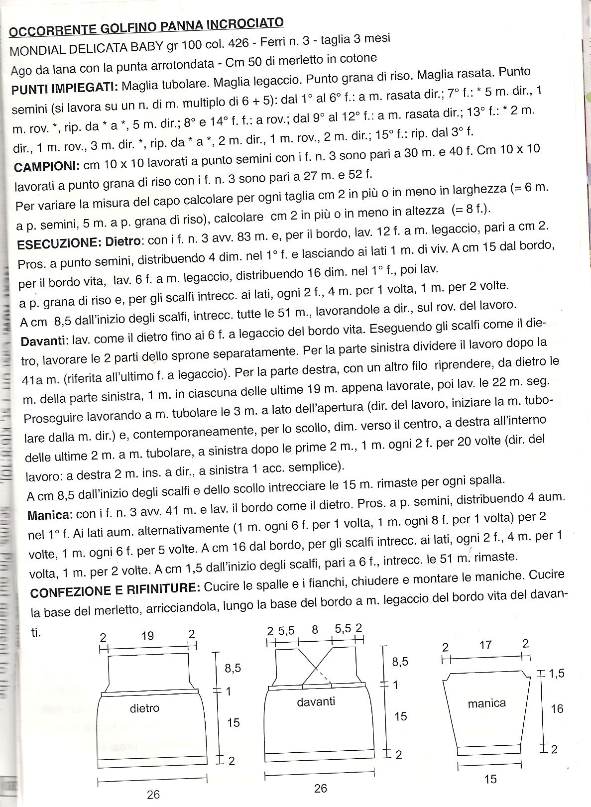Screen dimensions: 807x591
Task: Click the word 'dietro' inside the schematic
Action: click(x=144, y=708)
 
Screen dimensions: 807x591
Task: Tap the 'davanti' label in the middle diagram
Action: click(x=316, y=701)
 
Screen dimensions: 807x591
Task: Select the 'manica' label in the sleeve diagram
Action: click(x=486, y=703)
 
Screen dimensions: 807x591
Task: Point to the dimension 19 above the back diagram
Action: click(x=147, y=636)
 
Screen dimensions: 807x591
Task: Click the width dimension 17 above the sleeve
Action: click(x=485, y=645)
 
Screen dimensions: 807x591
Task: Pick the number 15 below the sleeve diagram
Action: click(x=490, y=779)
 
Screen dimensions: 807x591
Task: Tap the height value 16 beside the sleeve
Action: click(x=557, y=708)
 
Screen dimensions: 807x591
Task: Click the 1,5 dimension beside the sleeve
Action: click(x=557, y=674)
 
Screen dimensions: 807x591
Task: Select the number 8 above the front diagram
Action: click(x=315, y=629)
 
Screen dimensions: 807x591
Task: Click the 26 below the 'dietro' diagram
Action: click(x=153, y=794)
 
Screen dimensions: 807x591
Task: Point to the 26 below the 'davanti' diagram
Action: click(x=320, y=788)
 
